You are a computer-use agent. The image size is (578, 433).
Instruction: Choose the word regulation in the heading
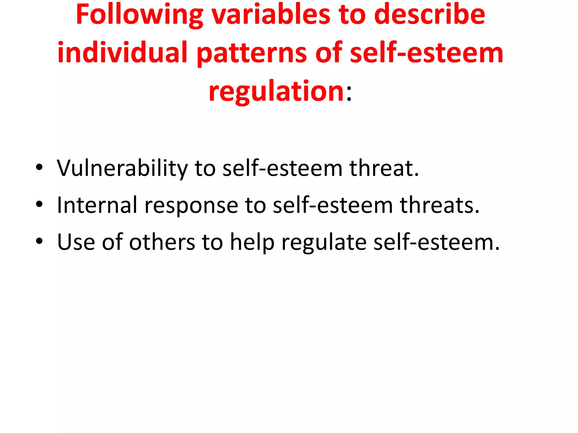tap(276, 91)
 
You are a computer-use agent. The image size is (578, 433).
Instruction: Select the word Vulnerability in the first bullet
tap(122, 168)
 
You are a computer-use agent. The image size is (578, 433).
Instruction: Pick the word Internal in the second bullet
tap(97, 205)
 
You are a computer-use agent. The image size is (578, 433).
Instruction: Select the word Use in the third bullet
tap(76, 242)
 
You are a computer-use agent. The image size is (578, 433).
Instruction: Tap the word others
tap(162, 242)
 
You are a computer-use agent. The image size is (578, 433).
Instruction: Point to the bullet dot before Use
tap(39, 241)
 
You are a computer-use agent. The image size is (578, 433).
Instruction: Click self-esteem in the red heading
tap(426, 53)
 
